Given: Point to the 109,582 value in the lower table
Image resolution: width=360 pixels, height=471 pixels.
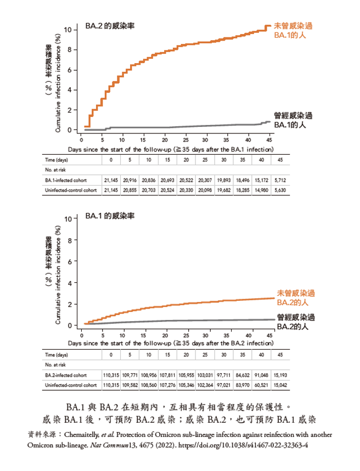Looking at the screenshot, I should (x=131, y=386).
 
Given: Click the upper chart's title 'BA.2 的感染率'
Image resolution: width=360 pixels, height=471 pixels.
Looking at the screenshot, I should (x=111, y=26).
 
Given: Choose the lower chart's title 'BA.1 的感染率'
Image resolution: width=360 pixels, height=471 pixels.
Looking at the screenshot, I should (x=110, y=216).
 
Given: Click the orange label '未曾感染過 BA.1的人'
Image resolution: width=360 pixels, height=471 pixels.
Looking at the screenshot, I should (x=295, y=30).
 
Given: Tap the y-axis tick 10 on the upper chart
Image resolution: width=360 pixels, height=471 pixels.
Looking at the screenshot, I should (x=67, y=29).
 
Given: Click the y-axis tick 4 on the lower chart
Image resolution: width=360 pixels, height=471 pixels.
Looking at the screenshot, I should (x=69, y=283).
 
